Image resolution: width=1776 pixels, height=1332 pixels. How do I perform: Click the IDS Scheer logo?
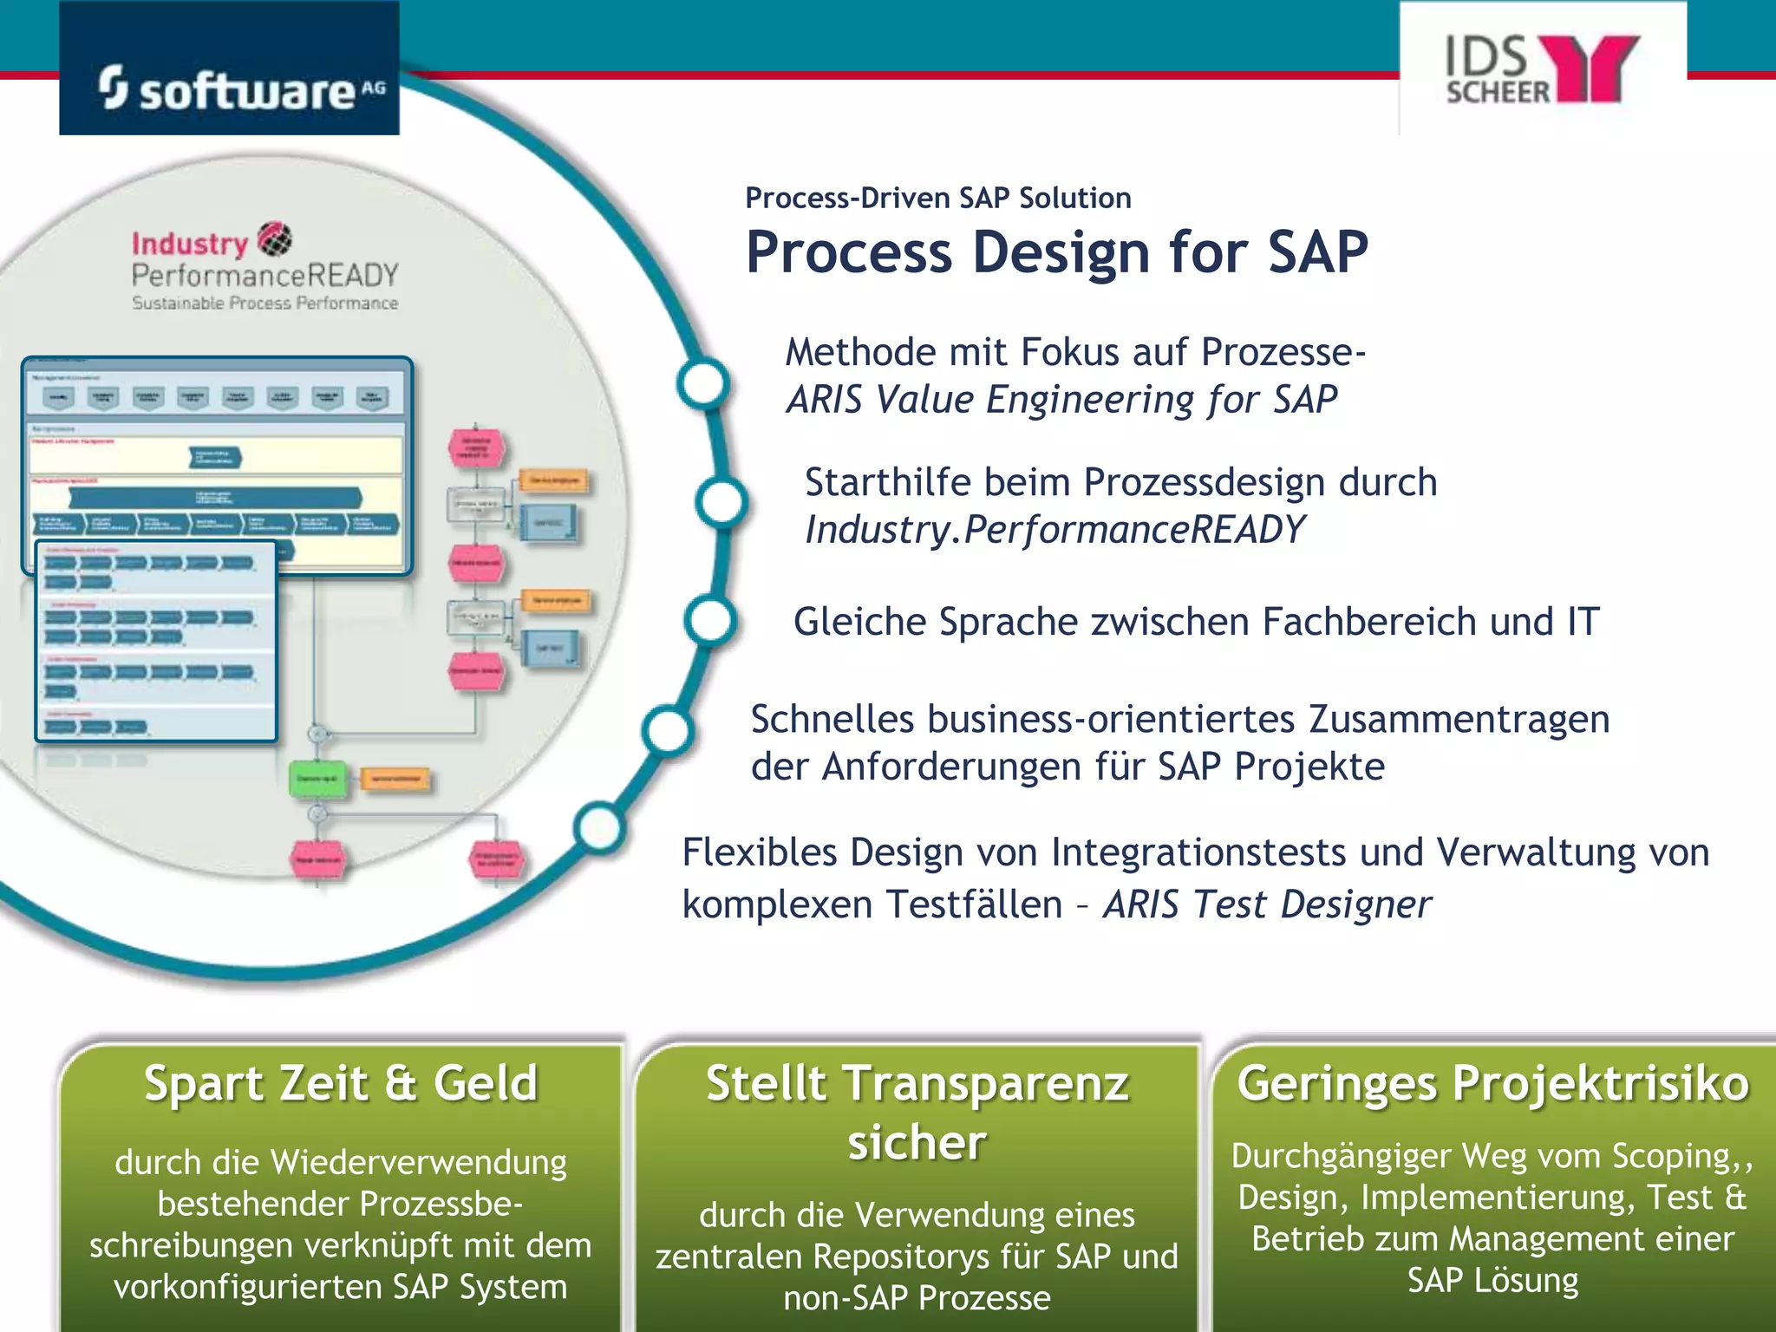point(1542,69)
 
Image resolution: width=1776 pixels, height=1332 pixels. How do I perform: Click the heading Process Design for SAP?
point(1056,252)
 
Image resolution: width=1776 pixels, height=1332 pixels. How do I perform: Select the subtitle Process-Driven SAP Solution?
point(937,198)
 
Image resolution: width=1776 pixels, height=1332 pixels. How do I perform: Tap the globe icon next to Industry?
point(275,239)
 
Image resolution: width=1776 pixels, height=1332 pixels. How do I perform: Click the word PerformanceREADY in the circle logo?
point(264,276)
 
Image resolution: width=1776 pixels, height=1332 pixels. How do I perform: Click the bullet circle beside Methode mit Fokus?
point(702,382)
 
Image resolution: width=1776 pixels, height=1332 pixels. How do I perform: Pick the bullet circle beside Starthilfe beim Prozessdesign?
point(721,503)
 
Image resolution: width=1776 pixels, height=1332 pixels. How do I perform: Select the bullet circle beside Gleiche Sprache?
point(710,621)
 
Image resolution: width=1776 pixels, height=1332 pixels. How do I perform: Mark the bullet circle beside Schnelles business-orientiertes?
point(668,730)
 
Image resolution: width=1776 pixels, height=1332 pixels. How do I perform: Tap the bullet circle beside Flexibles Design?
point(599,828)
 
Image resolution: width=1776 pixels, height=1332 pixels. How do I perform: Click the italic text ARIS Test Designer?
point(1267,904)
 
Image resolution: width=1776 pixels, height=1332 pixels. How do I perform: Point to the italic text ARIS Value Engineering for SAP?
point(1061,400)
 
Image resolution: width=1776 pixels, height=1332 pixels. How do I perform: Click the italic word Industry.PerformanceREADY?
point(1054,530)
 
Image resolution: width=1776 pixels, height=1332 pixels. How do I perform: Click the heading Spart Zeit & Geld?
point(341,1084)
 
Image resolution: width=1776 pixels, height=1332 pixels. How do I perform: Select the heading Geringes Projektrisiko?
point(1492,1084)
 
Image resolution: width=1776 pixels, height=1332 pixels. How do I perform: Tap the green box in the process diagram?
point(317,779)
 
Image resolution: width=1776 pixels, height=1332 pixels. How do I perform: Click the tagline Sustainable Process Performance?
point(264,304)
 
